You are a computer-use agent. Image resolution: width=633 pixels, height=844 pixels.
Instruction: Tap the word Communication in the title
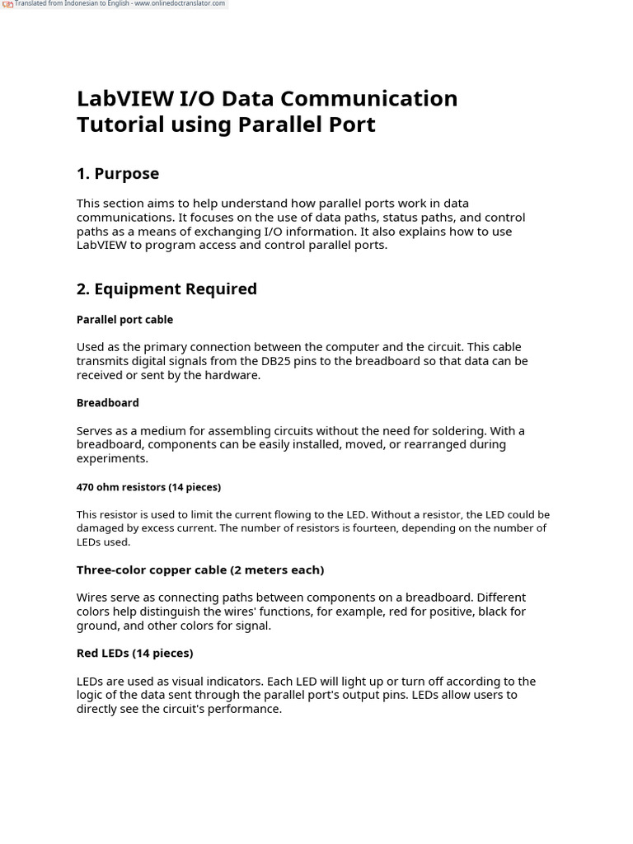[x=370, y=98]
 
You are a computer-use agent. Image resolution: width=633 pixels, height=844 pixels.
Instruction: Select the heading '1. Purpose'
[x=118, y=173]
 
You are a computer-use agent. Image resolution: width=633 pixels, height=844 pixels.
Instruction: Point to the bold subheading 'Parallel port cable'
[x=124, y=320]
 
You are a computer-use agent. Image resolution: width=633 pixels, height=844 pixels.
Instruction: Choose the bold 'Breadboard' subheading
[x=107, y=403]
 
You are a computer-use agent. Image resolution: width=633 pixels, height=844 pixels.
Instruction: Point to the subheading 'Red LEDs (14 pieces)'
[x=134, y=654]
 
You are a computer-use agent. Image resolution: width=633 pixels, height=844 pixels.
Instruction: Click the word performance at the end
[x=246, y=709]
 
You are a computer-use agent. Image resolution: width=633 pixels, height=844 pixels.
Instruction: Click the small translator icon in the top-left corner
[x=7, y=4]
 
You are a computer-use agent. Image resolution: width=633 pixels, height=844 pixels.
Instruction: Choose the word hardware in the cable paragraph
[x=234, y=375]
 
